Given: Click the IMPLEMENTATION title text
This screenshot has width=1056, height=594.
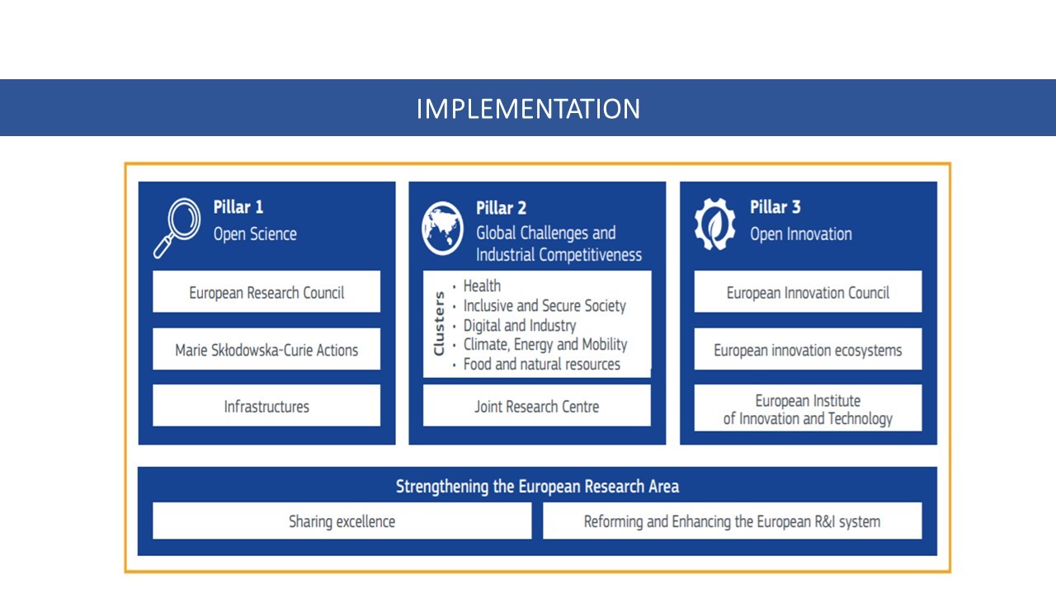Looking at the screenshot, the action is (528, 108).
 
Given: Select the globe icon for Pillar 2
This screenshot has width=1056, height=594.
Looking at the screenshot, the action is (442, 229).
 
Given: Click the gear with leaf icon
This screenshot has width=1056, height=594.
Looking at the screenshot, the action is (714, 224).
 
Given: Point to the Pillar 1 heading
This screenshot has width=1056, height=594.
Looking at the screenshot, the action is (238, 207).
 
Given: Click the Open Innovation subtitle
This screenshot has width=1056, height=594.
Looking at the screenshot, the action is (801, 233).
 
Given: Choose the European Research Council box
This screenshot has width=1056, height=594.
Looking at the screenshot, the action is (266, 292).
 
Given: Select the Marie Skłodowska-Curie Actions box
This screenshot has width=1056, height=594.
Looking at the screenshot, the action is (266, 349).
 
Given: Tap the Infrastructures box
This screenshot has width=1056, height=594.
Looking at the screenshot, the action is (266, 406).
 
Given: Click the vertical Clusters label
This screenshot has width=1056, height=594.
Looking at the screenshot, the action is (439, 323).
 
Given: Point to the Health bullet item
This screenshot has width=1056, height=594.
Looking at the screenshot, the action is (482, 285).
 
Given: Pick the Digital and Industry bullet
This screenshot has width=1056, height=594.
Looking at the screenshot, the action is (520, 325).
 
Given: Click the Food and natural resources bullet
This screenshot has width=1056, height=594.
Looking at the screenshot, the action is (542, 364).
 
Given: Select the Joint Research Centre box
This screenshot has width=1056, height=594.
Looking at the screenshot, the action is (537, 406).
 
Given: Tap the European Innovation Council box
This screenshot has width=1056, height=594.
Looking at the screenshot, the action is (808, 292).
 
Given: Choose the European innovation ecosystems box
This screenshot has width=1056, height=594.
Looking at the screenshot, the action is (808, 349).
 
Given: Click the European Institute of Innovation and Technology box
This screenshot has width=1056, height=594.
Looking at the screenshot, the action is (808, 408).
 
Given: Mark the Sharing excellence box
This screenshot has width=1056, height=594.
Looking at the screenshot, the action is (342, 521).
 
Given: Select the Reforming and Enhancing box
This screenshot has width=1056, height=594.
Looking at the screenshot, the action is (733, 521).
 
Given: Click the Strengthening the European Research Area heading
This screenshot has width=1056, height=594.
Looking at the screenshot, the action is (537, 486).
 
